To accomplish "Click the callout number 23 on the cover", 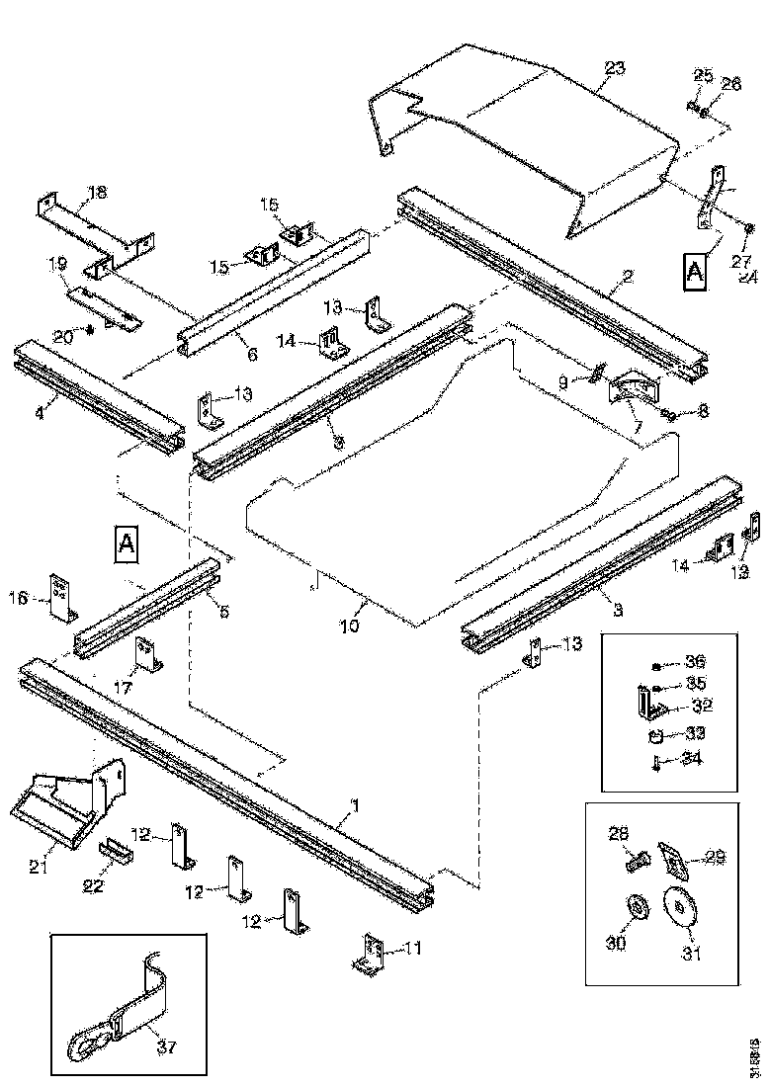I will point(615,68).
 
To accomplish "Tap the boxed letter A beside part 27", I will point(696,270).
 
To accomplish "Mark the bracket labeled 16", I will point(61,599).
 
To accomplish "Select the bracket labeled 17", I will point(148,653).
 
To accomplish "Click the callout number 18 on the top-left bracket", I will point(97,192).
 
